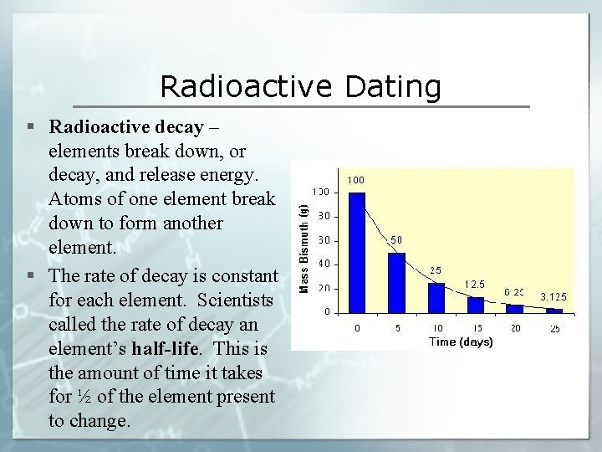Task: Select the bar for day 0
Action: coord(357,251)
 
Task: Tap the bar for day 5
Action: coord(396,282)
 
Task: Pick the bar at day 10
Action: coord(436,297)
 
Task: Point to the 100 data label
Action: coord(356,180)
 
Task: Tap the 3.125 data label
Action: coord(554,295)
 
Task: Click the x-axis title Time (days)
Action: coord(461,342)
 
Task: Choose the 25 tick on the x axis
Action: coord(554,328)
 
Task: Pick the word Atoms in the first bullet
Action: coord(73,200)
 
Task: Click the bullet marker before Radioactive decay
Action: coord(30,127)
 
